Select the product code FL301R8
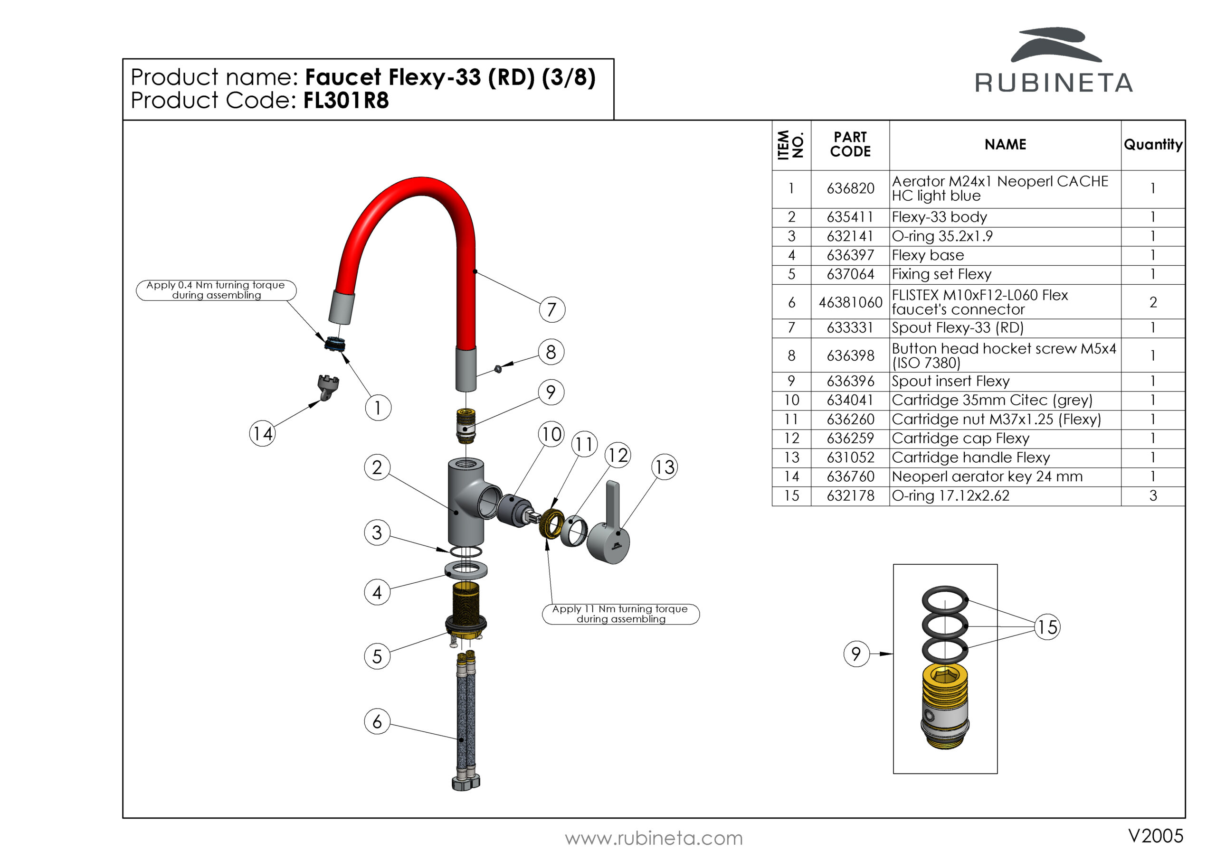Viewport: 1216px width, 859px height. (346, 101)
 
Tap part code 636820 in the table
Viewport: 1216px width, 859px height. (850, 188)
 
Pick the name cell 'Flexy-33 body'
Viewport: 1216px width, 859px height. (939, 217)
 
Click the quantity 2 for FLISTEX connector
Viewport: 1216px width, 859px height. (1152, 302)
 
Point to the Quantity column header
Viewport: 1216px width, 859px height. (1152, 144)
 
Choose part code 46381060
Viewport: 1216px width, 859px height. (850, 302)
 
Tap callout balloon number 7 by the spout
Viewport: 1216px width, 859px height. (552, 309)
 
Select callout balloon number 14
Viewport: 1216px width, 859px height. (262, 433)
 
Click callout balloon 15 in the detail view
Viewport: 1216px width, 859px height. (1047, 627)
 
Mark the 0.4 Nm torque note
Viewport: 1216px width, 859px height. (216, 290)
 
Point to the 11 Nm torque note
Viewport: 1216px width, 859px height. (620, 614)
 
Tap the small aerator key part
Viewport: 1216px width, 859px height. (328, 386)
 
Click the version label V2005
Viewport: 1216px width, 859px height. (1155, 836)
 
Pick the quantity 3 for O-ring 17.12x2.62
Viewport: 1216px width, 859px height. (1152, 496)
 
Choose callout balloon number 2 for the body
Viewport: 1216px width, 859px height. (377, 467)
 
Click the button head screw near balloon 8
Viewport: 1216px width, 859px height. (498, 369)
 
